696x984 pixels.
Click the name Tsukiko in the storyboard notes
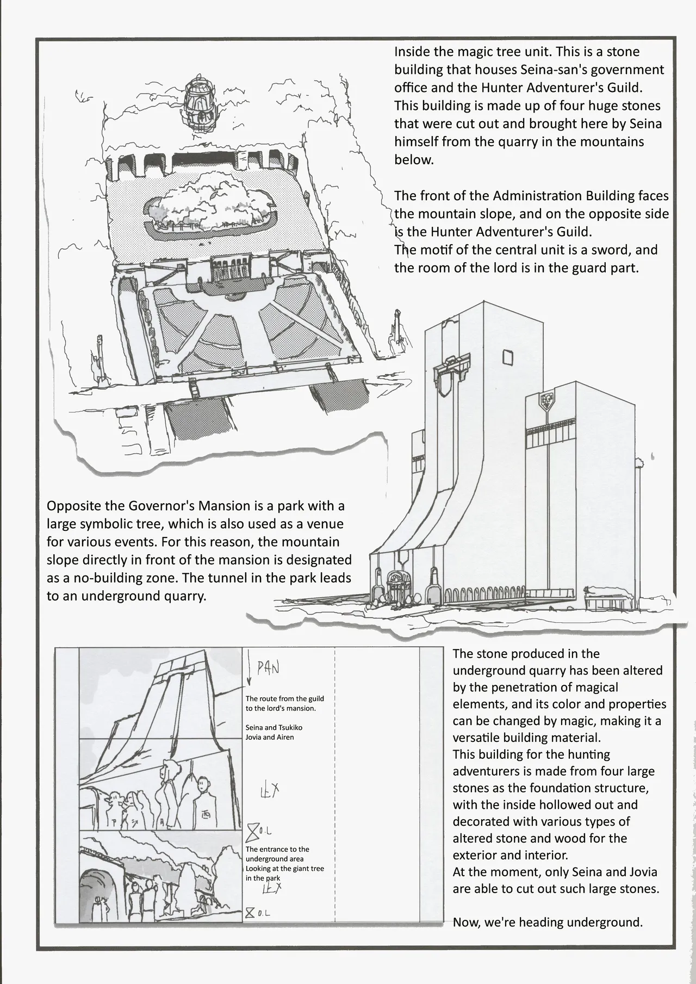tap(290, 727)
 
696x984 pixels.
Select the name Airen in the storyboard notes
tap(285, 737)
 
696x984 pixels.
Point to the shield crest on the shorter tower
tap(547, 401)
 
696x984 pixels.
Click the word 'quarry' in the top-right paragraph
tap(562, 142)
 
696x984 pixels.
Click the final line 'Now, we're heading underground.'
tap(548, 922)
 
